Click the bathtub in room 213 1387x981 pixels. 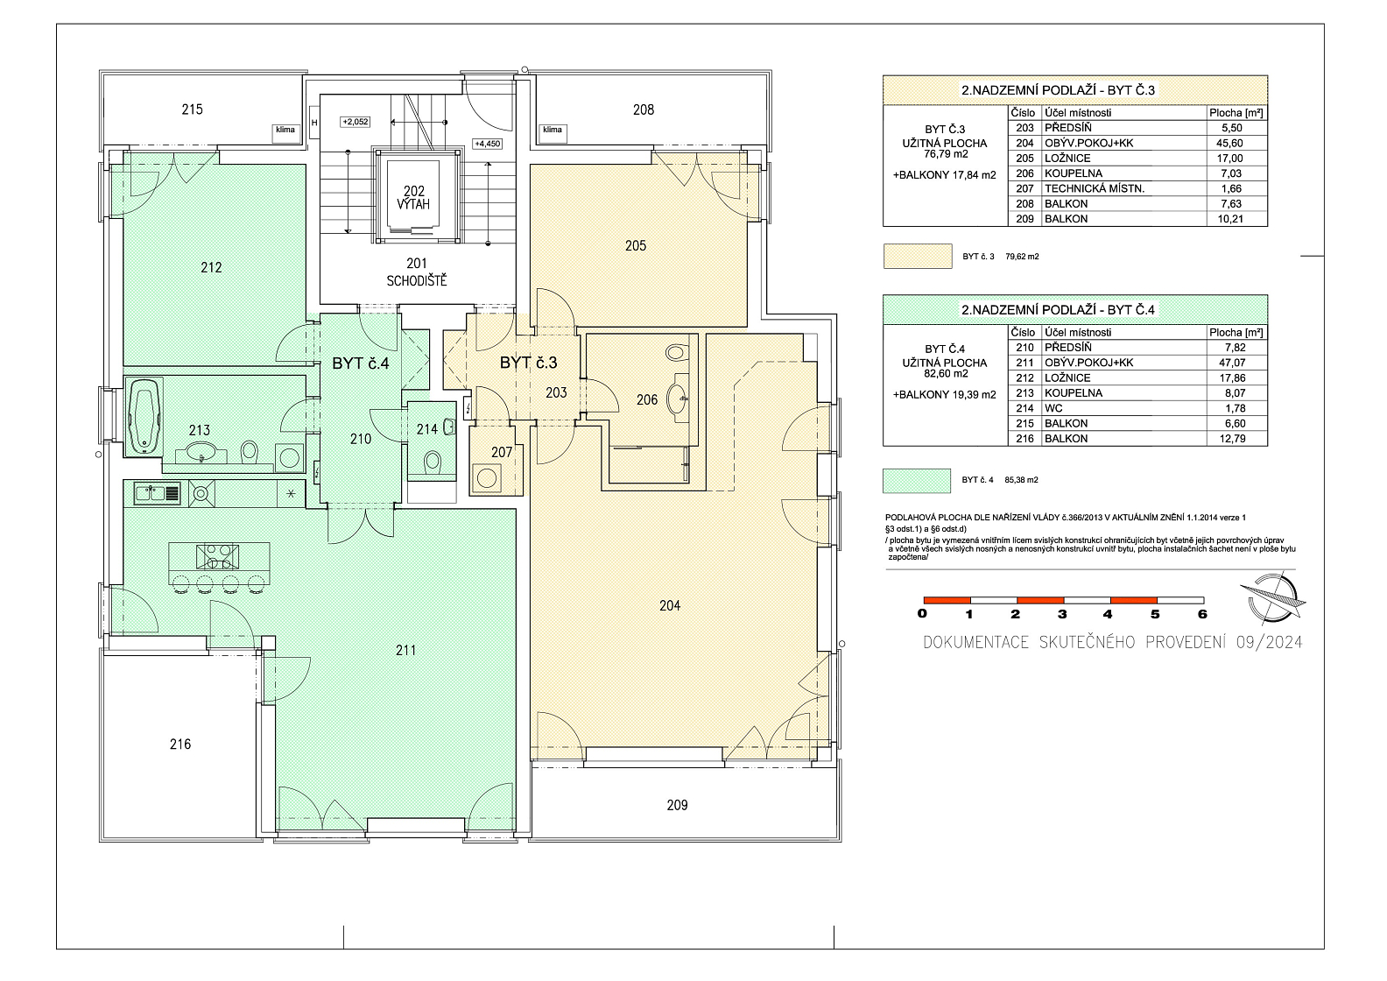(x=144, y=417)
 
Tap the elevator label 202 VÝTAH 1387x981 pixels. (x=413, y=198)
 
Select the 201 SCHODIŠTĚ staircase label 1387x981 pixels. (x=417, y=272)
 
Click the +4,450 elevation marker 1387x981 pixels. (x=487, y=144)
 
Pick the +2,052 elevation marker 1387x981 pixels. (x=356, y=122)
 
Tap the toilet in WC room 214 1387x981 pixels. (x=433, y=462)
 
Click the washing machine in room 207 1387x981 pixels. (x=485, y=479)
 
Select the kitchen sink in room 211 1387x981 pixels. (x=158, y=494)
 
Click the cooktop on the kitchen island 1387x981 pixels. (x=217, y=556)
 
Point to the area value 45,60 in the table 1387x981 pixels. (x=1229, y=143)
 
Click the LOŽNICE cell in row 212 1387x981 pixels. (x=1067, y=378)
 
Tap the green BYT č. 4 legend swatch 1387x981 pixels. (x=917, y=481)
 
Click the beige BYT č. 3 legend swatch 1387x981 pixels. (x=918, y=257)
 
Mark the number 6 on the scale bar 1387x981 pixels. (x=1202, y=614)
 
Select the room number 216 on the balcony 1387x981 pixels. (x=180, y=744)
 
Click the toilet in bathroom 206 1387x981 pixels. (x=676, y=353)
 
